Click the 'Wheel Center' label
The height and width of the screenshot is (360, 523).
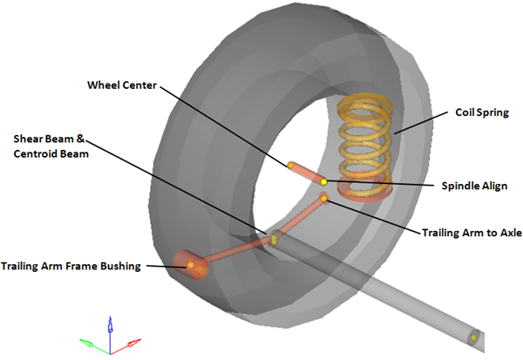click(x=122, y=85)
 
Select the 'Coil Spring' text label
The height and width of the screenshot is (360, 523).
click(x=484, y=112)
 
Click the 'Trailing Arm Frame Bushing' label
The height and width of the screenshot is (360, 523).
click(x=71, y=266)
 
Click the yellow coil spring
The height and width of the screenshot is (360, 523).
click(x=362, y=139)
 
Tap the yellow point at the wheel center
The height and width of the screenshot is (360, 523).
click(x=289, y=164)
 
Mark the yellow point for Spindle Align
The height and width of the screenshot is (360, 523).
click(x=323, y=181)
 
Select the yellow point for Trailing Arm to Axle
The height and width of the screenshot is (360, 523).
click(x=324, y=199)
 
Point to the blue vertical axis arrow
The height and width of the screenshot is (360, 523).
click(x=109, y=328)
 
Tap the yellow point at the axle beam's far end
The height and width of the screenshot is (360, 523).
click(x=474, y=336)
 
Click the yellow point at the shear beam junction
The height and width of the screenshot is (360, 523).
click(x=273, y=237)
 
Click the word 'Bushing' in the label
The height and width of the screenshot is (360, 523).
click(x=119, y=266)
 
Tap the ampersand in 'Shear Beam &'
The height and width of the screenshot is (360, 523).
click(x=86, y=139)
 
